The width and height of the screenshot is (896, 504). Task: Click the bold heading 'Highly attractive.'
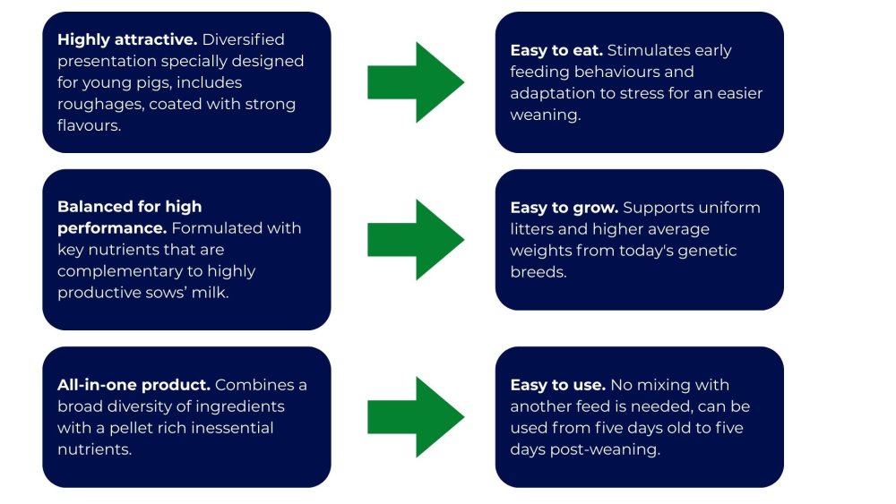pos(126,40)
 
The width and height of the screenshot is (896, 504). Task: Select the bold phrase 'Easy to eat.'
pos(556,51)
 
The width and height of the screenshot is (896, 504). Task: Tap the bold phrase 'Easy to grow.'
pos(564,208)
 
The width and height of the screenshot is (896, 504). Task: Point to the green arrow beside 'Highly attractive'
pos(416,82)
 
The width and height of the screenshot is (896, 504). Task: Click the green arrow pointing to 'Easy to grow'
pos(416,240)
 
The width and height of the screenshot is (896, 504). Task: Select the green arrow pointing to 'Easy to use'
pos(416,416)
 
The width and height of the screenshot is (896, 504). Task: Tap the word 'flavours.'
pos(90,126)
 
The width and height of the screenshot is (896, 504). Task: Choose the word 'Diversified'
pos(244,40)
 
